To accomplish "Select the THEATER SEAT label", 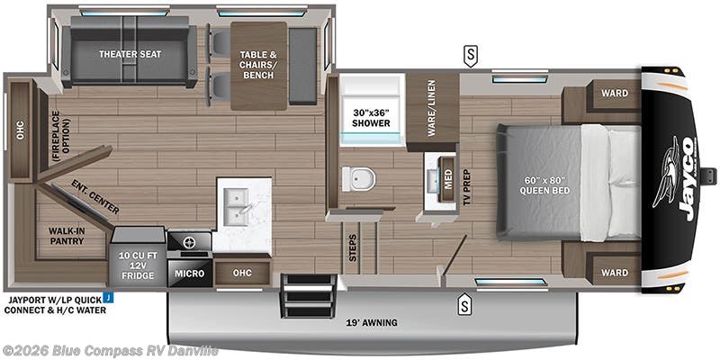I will click(x=130, y=54).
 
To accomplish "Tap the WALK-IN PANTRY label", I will click(x=67, y=235).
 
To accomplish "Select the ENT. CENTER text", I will click(x=95, y=198).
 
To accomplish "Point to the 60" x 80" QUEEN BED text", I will click(x=546, y=184).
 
